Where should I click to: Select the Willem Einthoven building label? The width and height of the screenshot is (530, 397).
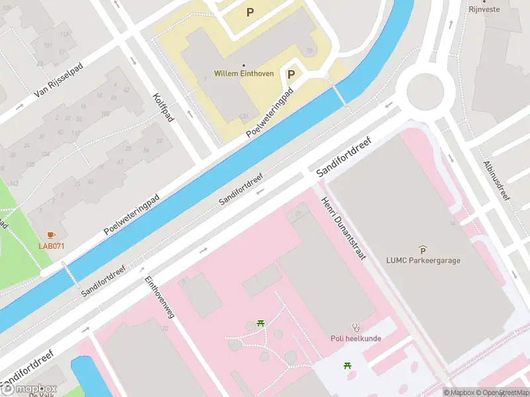click(x=244, y=73)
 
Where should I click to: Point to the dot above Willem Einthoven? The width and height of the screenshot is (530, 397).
click(x=244, y=65)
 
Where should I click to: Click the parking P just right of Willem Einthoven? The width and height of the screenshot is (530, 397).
click(x=291, y=75)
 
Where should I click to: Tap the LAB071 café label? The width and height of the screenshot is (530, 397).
click(x=52, y=246)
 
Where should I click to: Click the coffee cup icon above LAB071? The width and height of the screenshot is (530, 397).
click(x=52, y=236)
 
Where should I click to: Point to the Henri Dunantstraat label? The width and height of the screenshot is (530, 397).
click(x=344, y=228)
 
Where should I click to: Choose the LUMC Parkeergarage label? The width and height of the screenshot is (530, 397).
click(x=423, y=260)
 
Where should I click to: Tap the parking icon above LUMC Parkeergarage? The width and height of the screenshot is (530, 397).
click(x=423, y=249)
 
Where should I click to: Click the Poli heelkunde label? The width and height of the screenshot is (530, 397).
click(x=356, y=338)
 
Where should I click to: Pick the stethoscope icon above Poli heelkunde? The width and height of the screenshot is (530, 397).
click(x=356, y=327)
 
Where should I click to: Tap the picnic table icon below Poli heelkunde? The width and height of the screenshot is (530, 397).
click(x=347, y=366)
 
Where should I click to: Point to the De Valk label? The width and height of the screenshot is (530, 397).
click(x=41, y=395)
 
